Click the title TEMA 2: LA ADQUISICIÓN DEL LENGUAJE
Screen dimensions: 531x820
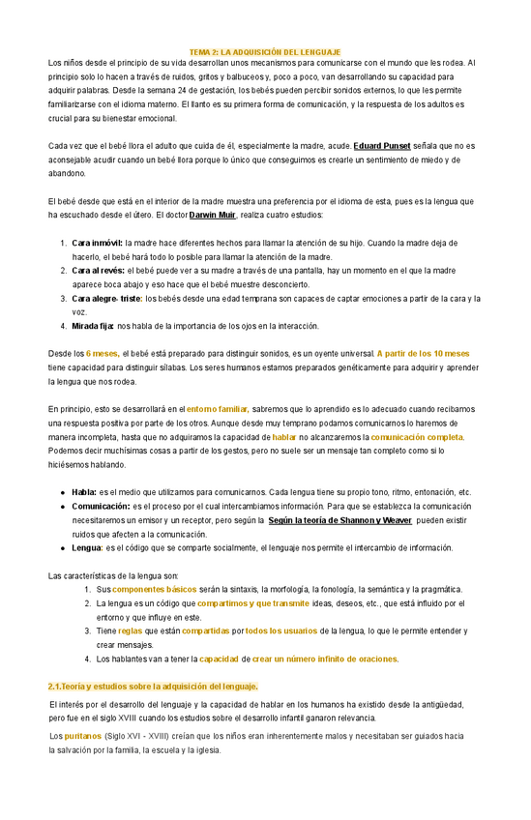coord(264,50)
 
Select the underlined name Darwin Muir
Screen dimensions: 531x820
coord(218,214)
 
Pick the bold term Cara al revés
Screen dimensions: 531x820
coord(98,271)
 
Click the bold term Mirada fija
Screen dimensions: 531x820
coord(93,326)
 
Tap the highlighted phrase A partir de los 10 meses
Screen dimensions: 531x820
coord(423,354)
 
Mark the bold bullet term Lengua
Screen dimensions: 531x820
coord(87,547)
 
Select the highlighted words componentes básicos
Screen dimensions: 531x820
coord(154,589)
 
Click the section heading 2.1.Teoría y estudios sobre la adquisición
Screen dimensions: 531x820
coord(153,686)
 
